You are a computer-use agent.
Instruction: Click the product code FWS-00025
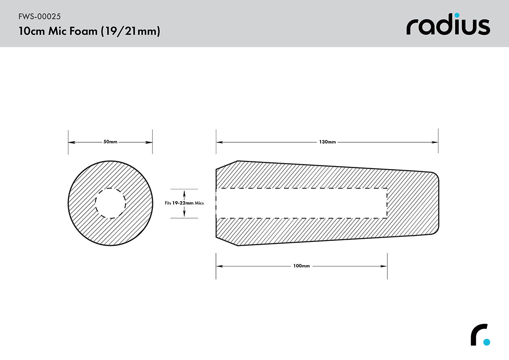click(x=39, y=17)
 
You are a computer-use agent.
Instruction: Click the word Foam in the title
click(x=83, y=31)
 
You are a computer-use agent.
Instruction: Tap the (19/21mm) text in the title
click(x=130, y=31)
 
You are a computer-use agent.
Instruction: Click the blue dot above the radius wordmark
click(x=457, y=15)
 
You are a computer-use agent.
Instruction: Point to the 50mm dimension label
click(x=111, y=142)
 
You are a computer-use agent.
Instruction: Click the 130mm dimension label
click(x=327, y=142)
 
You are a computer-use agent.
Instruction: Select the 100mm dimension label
click(x=302, y=266)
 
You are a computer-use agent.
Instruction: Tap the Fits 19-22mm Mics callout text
click(x=184, y=203)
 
